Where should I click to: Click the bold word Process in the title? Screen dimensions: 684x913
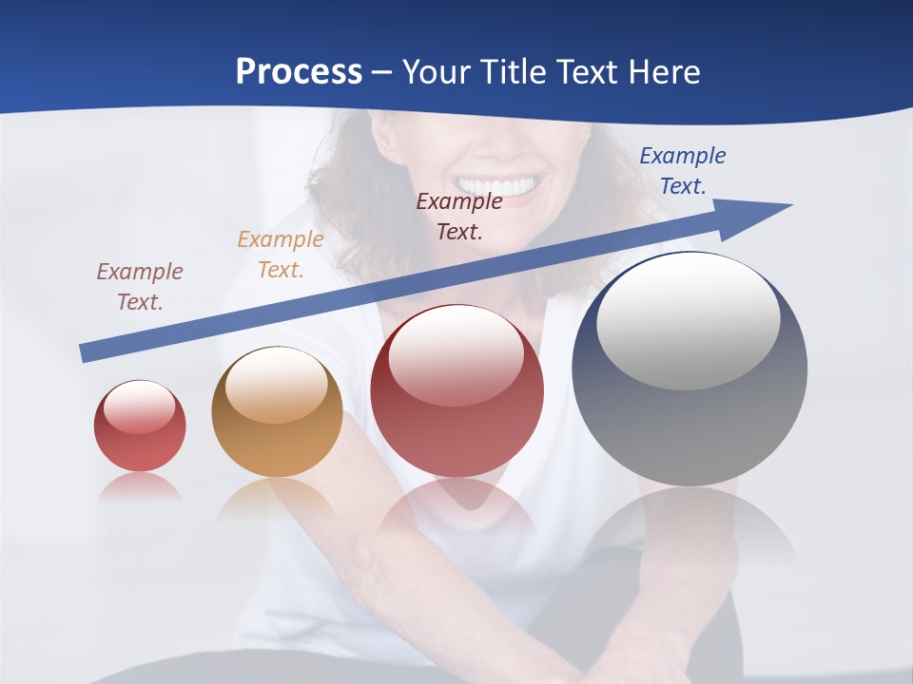[299, 71]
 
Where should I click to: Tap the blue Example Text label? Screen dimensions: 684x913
[683, 171]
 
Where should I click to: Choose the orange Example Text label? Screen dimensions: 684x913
[281, 255]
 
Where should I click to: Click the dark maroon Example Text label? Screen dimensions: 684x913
[459, 216]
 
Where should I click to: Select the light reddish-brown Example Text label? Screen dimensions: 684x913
[140, 287]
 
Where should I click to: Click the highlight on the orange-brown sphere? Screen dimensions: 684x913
[277, 385]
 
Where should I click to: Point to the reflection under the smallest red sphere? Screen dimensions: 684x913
[140, 488]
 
